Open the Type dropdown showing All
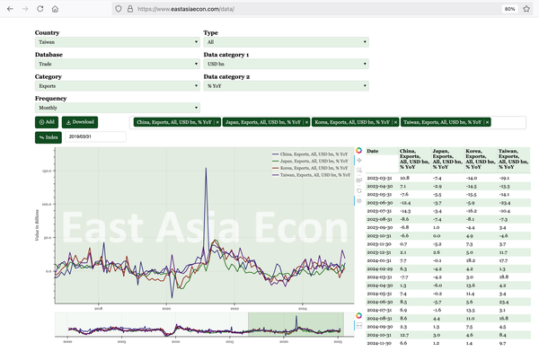tap(286, 42)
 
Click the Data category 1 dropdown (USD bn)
tap(286, 65)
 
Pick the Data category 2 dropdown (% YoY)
tap(286, 87)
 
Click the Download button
tap(80, 122)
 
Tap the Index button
tap(49, 137)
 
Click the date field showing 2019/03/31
tap(95, 137)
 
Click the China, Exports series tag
tap(173, 122)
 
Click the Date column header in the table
tap(374, 152)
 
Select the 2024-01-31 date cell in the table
tap(377, 261)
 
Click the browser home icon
tap(55, 8)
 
